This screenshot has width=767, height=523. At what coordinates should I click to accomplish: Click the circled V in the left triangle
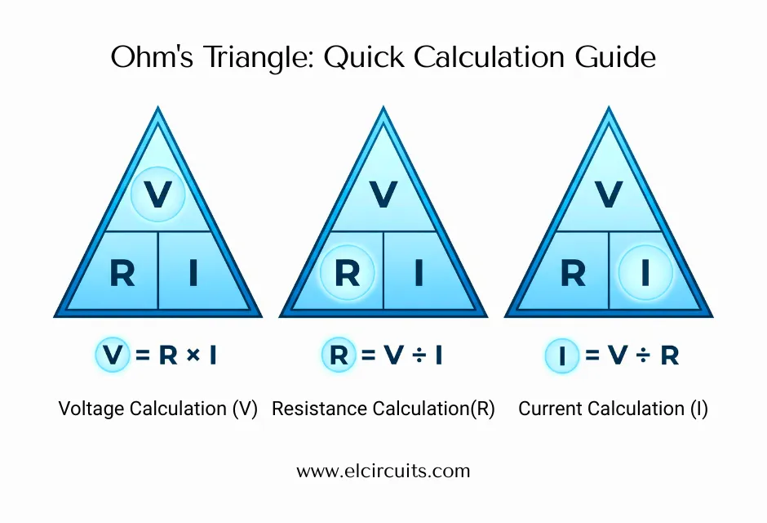point(157,194)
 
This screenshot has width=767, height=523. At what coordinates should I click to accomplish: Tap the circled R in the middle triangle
point(347,273)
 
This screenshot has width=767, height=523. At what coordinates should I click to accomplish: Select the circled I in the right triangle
point(645,273)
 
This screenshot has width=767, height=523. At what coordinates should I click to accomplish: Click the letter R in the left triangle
point(122,273)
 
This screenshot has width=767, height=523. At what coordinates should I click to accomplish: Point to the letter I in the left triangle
point(193,273)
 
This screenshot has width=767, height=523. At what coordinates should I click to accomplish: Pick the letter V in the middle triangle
point(383,194)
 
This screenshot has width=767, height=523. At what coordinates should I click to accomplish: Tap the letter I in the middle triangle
point(419,273)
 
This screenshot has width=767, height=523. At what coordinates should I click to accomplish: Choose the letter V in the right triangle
point(608,194)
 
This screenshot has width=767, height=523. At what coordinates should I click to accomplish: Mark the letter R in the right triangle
point(573,273)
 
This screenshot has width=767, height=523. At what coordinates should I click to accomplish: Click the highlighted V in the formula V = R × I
point(112,355)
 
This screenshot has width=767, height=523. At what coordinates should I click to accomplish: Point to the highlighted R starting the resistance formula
point(338,355)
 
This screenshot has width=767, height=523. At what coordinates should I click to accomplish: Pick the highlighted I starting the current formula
point(561,355)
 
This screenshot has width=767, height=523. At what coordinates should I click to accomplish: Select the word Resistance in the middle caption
point(313,409)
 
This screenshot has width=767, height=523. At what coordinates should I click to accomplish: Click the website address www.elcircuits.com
point(383,471)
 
